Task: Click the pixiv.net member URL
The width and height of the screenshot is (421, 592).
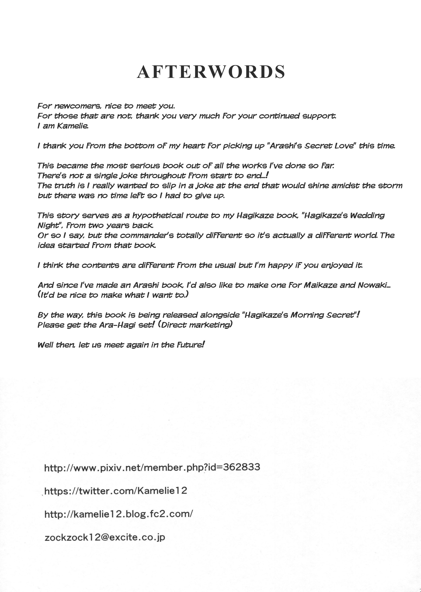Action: click(152, 467)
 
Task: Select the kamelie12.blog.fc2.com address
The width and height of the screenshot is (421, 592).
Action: click(119, 514)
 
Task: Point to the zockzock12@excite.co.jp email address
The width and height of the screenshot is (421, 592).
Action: click(105, 537)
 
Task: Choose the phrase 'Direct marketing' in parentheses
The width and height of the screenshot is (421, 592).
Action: click(196, 325)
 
